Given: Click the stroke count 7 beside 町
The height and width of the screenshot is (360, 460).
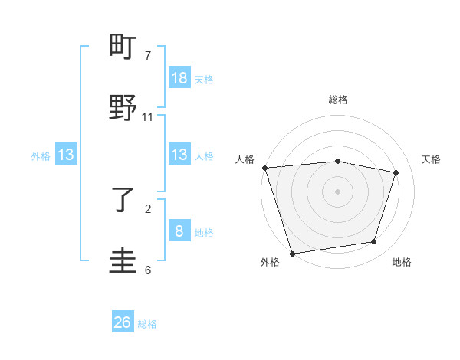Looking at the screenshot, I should pos(148,56).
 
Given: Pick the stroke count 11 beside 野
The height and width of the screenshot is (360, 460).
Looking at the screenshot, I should pos(148,116).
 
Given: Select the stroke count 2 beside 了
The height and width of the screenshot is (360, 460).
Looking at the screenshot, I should pos(148,208).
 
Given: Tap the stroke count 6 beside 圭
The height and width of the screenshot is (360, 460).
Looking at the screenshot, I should pos(148,270).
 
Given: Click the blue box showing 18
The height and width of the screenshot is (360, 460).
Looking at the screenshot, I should pos(179,78).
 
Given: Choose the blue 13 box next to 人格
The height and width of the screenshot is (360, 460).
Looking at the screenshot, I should pos(179,155).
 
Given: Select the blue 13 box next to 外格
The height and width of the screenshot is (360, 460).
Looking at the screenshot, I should pos(66,155).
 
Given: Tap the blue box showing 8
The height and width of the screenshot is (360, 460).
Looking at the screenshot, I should pos(179,231).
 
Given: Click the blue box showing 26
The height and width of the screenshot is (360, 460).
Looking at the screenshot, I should pos(123,322).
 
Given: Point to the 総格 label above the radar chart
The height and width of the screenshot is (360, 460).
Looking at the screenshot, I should pos(338,100).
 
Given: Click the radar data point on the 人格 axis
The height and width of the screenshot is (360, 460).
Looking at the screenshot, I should pos(264,168).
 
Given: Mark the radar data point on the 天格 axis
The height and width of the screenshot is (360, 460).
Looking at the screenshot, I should pos(396,172).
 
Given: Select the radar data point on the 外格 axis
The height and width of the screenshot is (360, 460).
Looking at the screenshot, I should pos(292,253).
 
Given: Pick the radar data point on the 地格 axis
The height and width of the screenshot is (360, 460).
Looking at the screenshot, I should pos(374,242).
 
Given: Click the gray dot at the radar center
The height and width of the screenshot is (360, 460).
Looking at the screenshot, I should pos(338,191).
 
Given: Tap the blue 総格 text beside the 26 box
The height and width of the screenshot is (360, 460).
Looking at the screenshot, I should pos(147,324).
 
